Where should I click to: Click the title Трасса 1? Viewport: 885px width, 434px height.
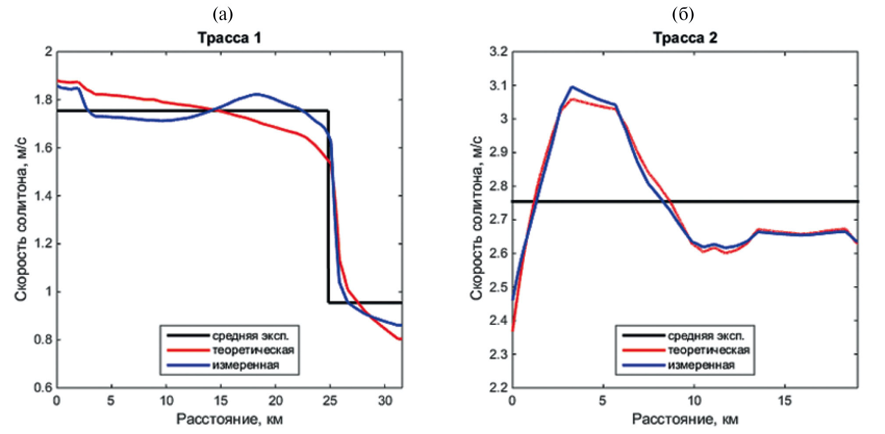point(229,38)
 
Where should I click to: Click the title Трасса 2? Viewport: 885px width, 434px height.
point(685,38)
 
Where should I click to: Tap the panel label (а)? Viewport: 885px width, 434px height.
point(223,14)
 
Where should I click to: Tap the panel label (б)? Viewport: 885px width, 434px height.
point(682,14)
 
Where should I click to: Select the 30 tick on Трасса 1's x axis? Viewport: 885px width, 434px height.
point(385,400)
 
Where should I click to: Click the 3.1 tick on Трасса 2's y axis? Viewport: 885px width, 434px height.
point(498,85)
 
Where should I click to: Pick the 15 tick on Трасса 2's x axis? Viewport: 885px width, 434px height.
point(785,400)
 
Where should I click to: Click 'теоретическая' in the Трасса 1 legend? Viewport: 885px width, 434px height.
point(253,350)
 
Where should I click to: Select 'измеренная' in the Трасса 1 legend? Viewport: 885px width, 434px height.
point(245,365)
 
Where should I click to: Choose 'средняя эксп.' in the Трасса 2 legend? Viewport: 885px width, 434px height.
point(706,336)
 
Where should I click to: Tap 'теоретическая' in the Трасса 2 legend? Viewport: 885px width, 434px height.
point(709,350)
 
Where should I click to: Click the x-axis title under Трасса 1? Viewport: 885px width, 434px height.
point(229,420)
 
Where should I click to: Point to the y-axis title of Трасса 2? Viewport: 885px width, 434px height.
point(476,218)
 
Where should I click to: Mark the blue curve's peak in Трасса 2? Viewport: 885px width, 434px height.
point(572,87)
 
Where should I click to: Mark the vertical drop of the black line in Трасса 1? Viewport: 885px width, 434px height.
point(328,206)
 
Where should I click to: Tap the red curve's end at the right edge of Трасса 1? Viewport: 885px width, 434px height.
point(400,339)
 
